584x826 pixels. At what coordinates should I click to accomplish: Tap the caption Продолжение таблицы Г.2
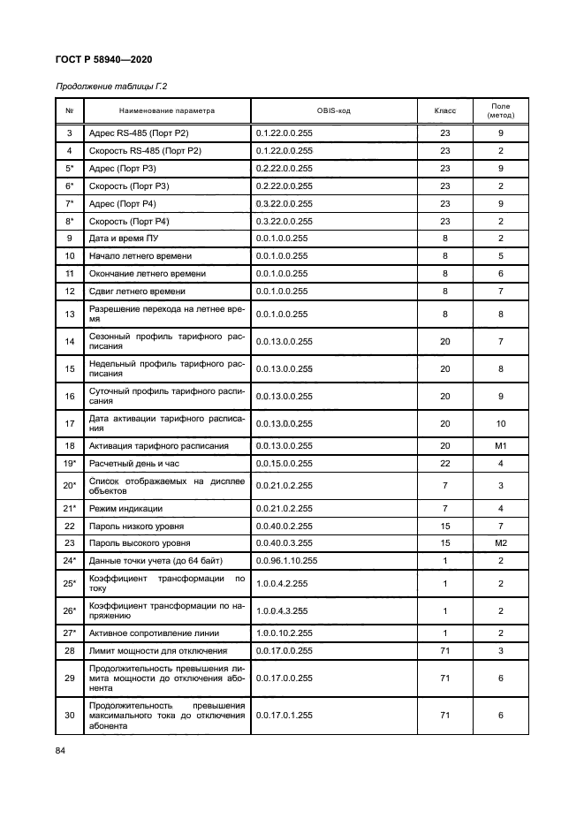[x=111, y=87]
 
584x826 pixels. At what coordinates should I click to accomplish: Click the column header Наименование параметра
[x=167, y=110]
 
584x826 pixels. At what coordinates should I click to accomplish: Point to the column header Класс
[x=444, y=110]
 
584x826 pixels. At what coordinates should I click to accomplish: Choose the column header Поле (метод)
[x=500, y=110]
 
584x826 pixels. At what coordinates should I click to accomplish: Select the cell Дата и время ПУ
[x=128, y=239]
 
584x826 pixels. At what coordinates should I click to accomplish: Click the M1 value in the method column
[x=500, y=446]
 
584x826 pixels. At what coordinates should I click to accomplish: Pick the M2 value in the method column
[x=500, y=542]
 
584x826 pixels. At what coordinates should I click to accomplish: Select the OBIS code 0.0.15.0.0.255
[x=284, y=464]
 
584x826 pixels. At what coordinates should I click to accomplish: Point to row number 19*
[x=70, y=464]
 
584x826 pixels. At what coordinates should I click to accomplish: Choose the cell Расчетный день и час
[x=134, y=464]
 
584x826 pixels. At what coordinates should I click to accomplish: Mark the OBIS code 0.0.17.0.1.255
[x=284, y=716]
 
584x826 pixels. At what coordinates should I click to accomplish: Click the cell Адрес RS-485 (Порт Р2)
[x=139, y=133]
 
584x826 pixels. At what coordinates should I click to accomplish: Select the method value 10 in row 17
[x=500, y=423]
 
